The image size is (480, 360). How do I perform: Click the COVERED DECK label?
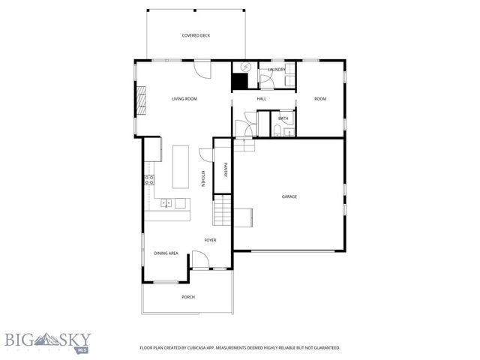pos(195,35)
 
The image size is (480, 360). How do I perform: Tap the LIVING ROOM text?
pos(184,98)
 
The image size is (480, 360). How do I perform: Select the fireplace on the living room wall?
pos(139,98)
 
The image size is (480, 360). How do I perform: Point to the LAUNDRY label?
pos(277,70)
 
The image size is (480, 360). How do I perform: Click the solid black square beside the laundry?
pos(241,83)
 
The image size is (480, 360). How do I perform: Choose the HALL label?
pos(262,98)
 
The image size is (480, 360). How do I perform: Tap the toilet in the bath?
pos(277,132)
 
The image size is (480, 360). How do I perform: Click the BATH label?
pos(283,118)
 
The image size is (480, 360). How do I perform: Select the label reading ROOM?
pos(320,98)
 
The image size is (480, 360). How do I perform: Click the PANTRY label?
pos(225,170)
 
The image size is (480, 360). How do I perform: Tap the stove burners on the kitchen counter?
pos(149,179)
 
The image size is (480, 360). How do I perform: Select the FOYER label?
pos(210,240)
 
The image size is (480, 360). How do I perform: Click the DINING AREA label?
pos(166,253)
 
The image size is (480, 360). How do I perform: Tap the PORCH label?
pos(188,297)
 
